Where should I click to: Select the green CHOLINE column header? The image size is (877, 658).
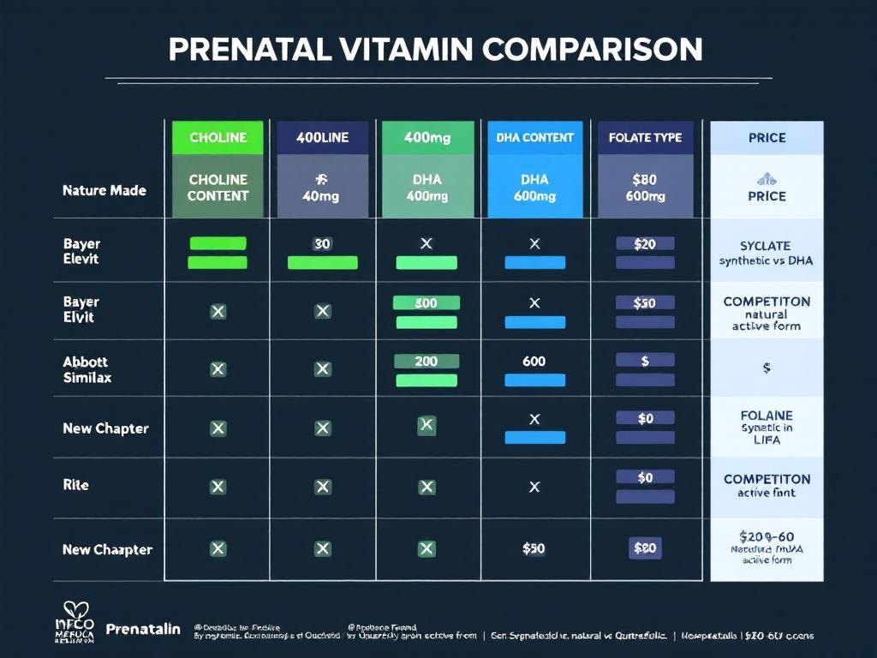(218, 138)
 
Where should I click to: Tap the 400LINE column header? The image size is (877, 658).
(322, 138)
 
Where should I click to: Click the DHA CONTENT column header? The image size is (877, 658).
(534, 138)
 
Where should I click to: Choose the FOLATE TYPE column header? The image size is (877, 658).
(645, 138)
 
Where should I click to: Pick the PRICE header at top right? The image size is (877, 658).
(767, 138)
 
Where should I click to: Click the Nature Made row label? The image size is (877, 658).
(104, 190)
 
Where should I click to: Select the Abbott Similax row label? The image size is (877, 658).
(87, 369)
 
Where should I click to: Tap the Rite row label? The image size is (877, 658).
(75, 485)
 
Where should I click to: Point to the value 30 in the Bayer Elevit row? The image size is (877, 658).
(322, 244)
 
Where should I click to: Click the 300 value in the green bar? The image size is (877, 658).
(426, 302)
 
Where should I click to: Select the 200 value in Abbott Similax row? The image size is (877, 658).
(426, 362)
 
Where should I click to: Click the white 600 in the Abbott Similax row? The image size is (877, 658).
(534, 362)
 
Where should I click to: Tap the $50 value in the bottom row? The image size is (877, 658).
(534, 549)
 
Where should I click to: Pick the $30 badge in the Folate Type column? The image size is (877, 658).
(645, 302)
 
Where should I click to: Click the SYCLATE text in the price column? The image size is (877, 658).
(767, 245)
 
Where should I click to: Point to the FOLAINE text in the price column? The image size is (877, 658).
(767, 415)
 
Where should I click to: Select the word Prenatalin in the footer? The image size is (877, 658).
(143, 629)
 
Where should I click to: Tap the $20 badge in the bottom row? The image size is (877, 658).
(645, 549)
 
